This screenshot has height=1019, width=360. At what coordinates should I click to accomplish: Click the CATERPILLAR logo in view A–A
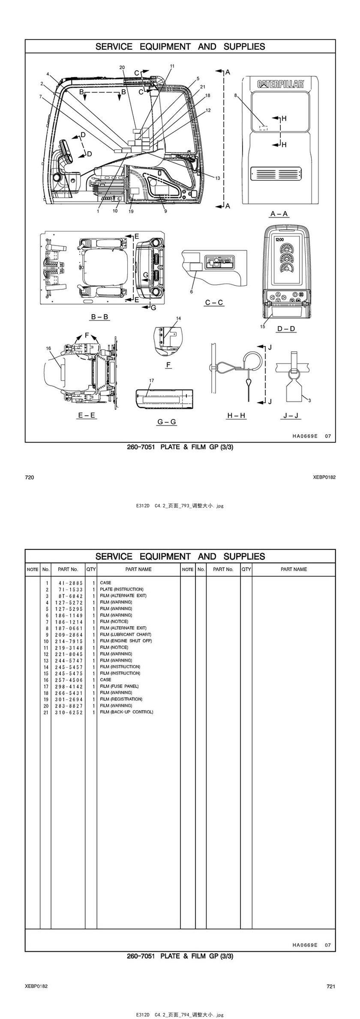click(x=280, y=84)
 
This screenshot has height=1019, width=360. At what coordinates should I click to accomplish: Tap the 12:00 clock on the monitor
click(x=279, y=240)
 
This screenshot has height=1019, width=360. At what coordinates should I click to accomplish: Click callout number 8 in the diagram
click(x=235, y=96)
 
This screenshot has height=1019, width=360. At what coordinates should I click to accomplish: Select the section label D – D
click(x=286, y=329)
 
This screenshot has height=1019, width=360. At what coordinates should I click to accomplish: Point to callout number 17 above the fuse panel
click(x=151, y=381)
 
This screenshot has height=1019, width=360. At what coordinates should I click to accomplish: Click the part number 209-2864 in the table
click(x=69, y=635)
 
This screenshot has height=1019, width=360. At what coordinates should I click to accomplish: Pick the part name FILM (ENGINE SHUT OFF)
click(x=126, y=641)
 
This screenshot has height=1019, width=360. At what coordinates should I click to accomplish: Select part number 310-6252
click(x=69, y=712)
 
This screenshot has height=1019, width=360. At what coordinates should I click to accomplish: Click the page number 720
click(x=29, y=477)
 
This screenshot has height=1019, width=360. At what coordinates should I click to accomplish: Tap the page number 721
click(x=331, y=986)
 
